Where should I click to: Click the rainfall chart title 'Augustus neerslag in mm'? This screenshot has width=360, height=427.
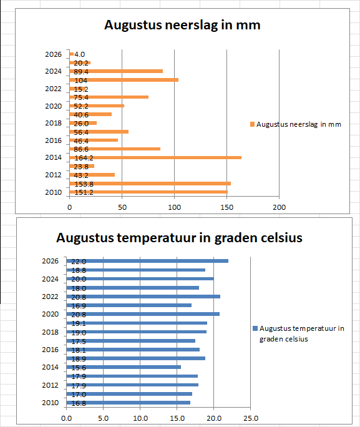pyautogui.click(x=182, y=25)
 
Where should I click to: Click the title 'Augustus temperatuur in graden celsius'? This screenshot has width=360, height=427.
pyautogui.click(x=179, y=238)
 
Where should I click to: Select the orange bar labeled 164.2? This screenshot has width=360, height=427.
pyautogui.click(x=155, y=158)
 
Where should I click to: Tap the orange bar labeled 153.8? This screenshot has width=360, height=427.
pyautogui.click(x=150, y=184)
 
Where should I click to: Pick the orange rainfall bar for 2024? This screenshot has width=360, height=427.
pyautogui.click(x=116, y=71)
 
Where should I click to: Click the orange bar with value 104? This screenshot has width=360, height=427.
pyautogui.click(x=124, y=80)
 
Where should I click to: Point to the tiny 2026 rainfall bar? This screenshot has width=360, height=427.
pyautogui.click(x=72, y=54)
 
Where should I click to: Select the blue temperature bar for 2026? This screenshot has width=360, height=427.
pyautogui.click(x=147, y=261)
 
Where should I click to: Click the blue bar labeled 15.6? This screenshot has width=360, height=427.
pyautogui.click(x=124, y=367)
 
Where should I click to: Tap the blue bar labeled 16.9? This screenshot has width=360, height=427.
pyautogui.click(x=129, y=305)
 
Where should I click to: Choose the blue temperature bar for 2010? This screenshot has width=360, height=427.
pyautogui.click(x=128, y=403)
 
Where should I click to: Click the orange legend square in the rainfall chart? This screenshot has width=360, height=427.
pyautogui.click(x=252, y=124)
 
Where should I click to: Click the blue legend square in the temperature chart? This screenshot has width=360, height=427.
pyautogui.click(x=255, y=328)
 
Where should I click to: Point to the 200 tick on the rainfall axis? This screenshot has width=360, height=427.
pyautogui.click(x=279, y=207)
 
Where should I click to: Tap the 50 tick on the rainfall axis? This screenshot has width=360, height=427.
pyautogui.click(x=122, y=207)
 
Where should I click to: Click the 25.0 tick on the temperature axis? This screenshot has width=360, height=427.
pyautogui.click(x=251, y=418)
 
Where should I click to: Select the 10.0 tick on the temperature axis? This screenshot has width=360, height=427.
pyautogui.click(x=140, y=418)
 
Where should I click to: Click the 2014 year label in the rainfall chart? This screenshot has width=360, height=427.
pyautogui.click(x=53, y=157)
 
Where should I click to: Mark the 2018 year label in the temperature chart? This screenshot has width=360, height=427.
pyautogui.click(x=50, y=332)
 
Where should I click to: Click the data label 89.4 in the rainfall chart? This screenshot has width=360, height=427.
pyautogui.click(x=81, y=72)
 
